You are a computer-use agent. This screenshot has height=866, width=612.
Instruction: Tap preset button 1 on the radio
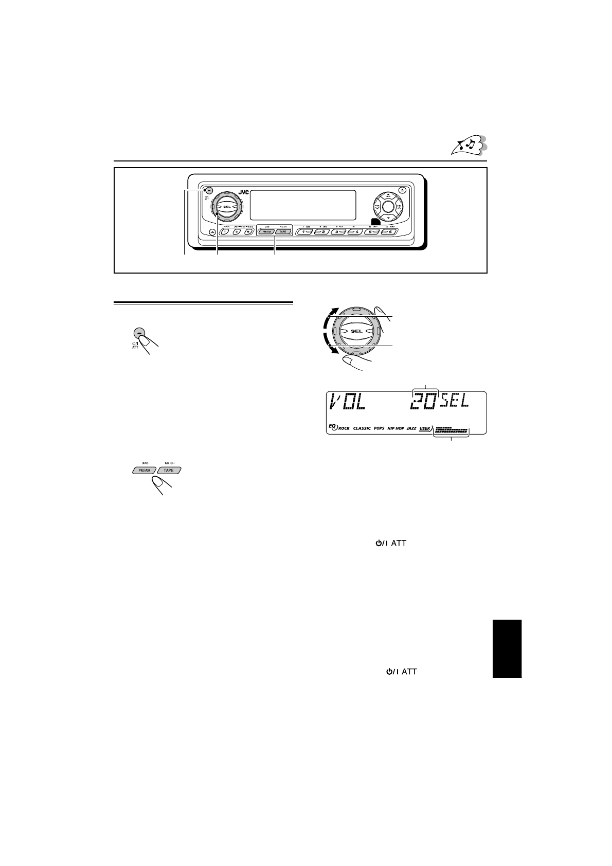click(x=307, y=232)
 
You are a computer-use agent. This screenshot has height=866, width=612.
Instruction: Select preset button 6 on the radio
click(x=389, y=232)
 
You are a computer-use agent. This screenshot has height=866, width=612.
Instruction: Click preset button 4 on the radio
click(x=354, y=232)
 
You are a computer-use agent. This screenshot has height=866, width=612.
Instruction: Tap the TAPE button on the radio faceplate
click(x=282, y=232)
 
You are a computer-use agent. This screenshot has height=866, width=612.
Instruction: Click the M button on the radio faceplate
click(x=248, y=232)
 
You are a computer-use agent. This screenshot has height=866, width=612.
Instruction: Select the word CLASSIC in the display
click(x=362, y=428)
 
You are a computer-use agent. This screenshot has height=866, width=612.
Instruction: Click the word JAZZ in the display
click(x=411, y=428)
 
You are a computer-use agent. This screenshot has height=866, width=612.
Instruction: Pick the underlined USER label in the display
click(x=424, y=428)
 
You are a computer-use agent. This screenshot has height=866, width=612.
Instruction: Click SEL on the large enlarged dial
click(x=356, y=331)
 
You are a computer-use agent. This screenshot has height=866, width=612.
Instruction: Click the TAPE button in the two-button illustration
click(x=169, y=470)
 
